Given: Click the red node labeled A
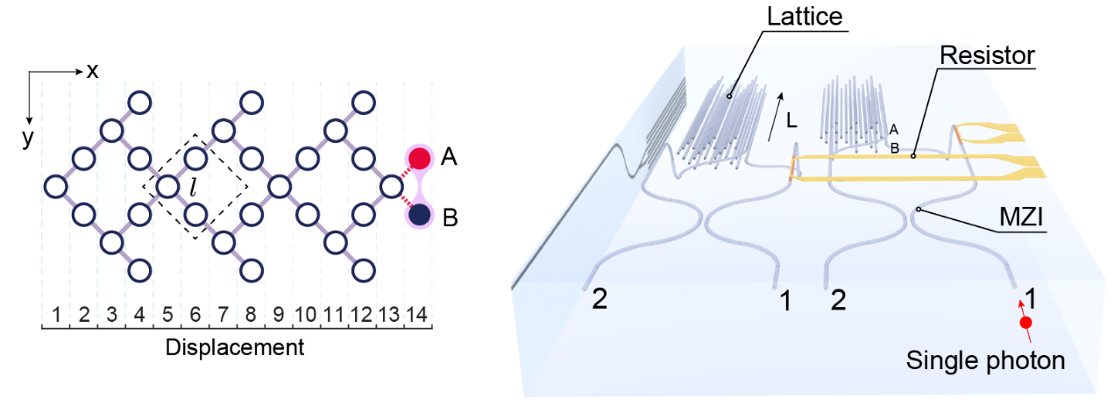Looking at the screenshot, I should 421,159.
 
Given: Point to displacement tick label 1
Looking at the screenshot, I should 56,313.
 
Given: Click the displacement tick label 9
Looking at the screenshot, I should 279,313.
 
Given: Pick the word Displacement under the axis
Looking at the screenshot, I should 235,347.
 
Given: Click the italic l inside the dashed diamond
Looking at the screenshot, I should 195,187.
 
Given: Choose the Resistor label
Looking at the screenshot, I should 987,55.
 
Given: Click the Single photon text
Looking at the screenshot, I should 986,360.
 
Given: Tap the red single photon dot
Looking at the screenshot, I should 1025,324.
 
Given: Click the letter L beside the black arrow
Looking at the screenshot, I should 791,124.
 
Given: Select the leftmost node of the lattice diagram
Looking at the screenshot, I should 56,187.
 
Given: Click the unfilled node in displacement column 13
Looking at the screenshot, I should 391,187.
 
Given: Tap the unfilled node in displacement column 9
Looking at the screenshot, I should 279,187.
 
